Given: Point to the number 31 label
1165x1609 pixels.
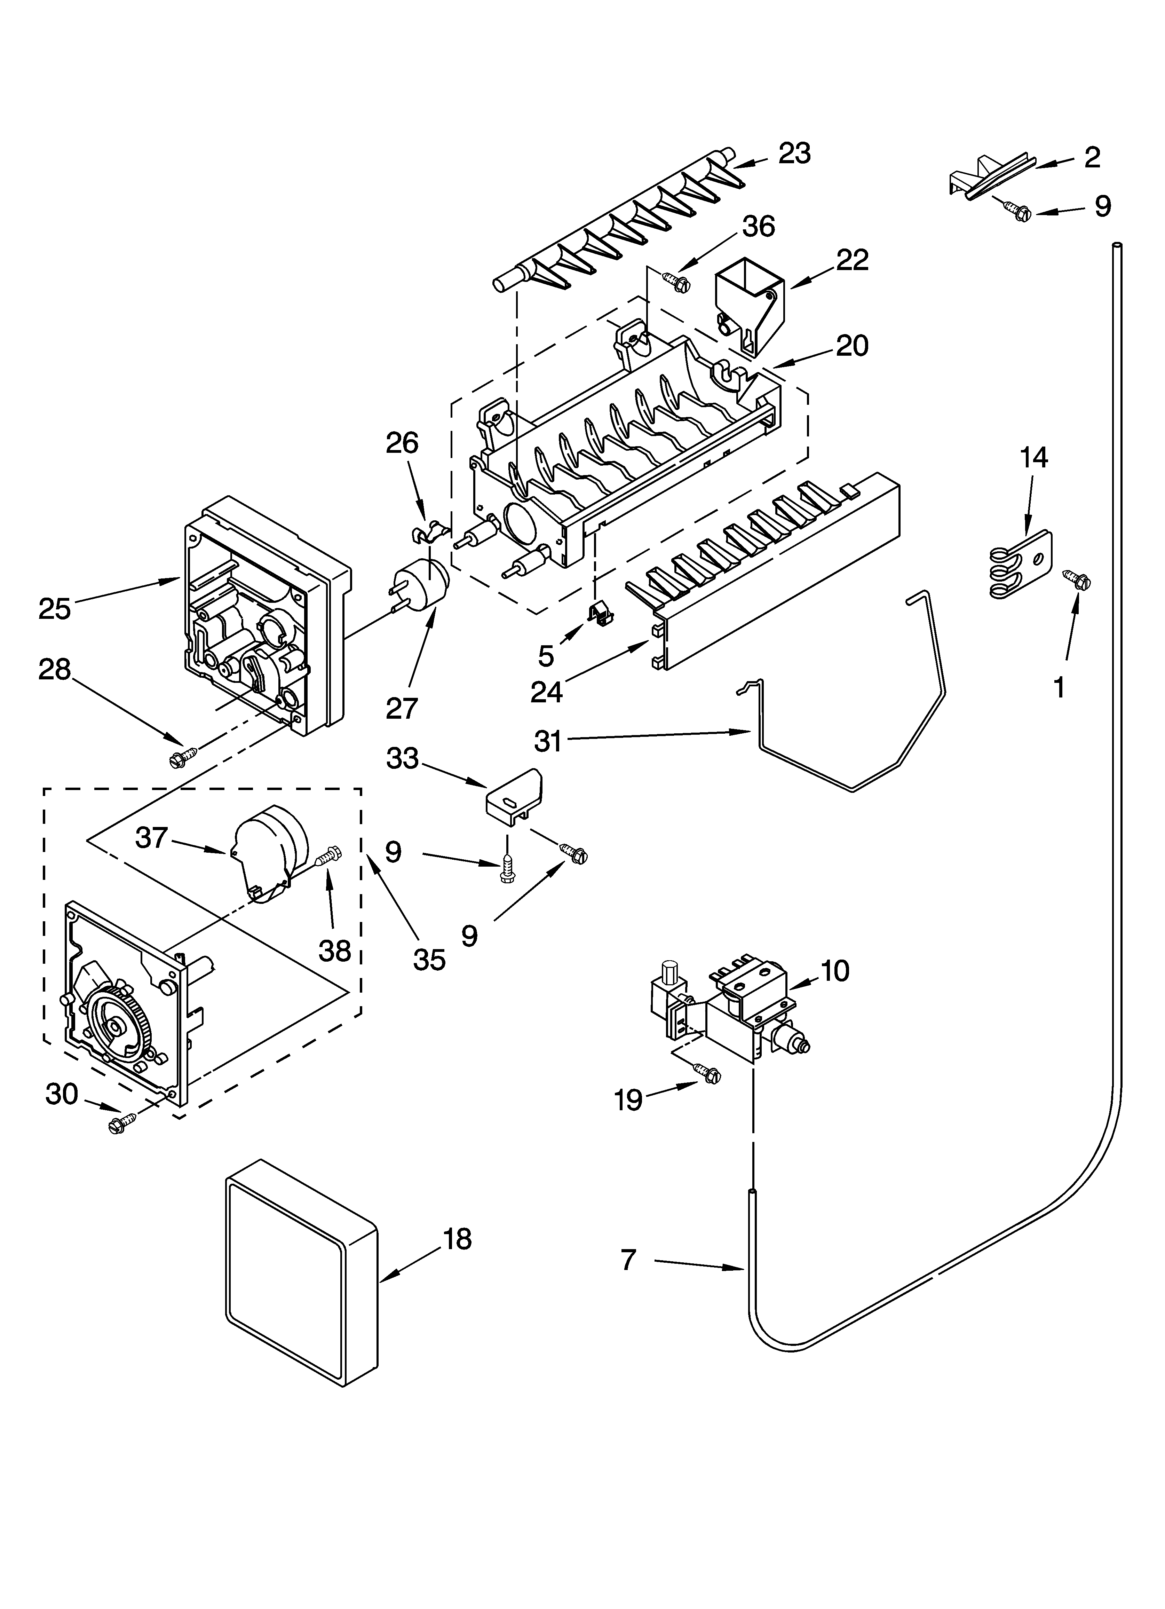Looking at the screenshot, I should tap(548, 741).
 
